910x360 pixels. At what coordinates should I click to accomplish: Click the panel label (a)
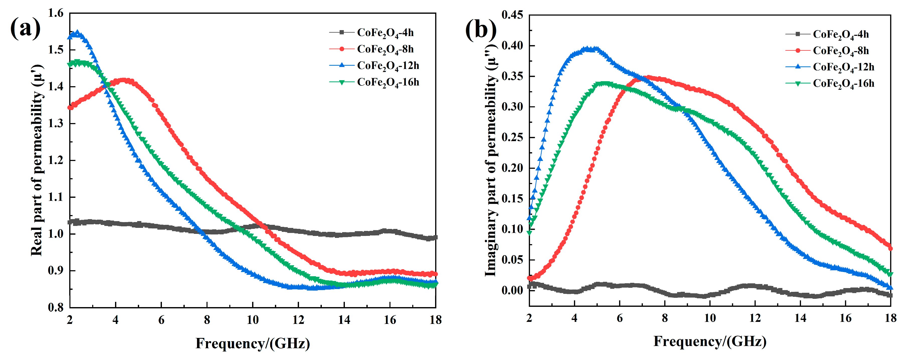(25, 28)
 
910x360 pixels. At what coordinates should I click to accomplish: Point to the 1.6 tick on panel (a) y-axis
(56, 14)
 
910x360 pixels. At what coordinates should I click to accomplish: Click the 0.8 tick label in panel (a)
(56, 307)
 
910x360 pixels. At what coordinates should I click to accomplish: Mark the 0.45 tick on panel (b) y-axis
(512, 15)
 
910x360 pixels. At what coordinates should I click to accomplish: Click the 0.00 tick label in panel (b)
(512, 290)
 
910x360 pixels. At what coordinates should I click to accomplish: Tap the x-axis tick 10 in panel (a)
(253, 320)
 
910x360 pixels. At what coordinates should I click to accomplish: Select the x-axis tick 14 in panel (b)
(800, 318)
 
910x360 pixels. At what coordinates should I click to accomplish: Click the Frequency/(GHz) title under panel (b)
(710, 341)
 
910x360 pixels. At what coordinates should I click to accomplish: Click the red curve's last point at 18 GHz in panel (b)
(890, 248)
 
